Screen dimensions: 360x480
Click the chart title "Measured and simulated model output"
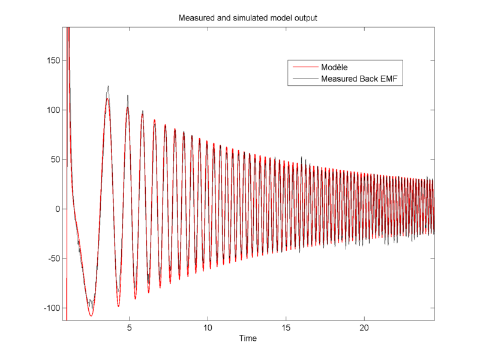[x=248, y=18]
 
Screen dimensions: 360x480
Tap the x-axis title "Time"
[x=248, y=338]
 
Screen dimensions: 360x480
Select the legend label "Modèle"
[x=335, y=67]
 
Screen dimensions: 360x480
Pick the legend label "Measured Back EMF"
[x=360, y=79]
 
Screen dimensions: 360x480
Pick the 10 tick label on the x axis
[x=208, y=328]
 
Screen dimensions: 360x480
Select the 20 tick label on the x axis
[x=364, y=328]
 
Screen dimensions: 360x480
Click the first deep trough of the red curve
[x=91, y=316]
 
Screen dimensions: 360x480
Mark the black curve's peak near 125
[x=108, y=86]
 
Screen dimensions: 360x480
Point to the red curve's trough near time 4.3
[x=118, y=306]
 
